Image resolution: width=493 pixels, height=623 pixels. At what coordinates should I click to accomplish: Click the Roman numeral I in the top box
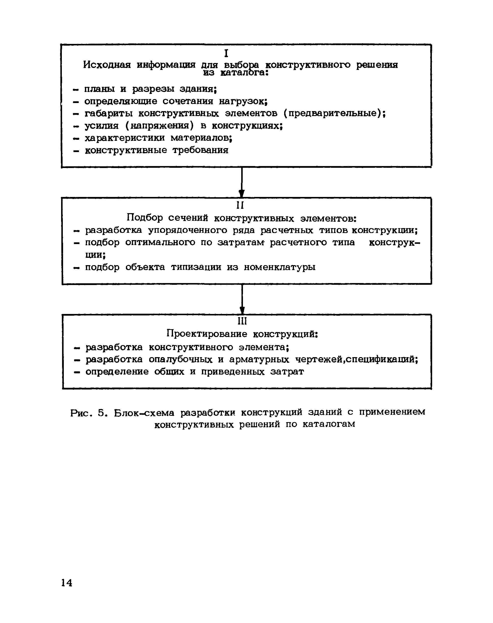(x=226, y=54)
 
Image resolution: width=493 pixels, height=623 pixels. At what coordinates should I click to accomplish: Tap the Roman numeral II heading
(x=240, y=205)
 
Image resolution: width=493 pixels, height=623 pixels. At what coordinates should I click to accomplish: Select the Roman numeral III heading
(x=242, y=321)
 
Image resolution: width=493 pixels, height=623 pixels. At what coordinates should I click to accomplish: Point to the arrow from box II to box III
(x=242, y=299)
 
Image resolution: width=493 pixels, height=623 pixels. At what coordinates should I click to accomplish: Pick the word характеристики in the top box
(x=125, y=138)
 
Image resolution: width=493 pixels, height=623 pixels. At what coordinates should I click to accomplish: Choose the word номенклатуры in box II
(x=280, y=267)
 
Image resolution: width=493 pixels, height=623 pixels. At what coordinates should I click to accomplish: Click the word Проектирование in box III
(x=207, y=334)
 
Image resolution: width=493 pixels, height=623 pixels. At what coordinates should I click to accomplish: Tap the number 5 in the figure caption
(x=101, y=413)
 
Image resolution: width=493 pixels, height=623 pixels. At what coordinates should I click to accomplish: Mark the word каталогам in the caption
(x=329, y=424)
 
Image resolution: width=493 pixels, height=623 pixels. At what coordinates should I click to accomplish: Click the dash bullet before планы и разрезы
(x=76, y=90)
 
